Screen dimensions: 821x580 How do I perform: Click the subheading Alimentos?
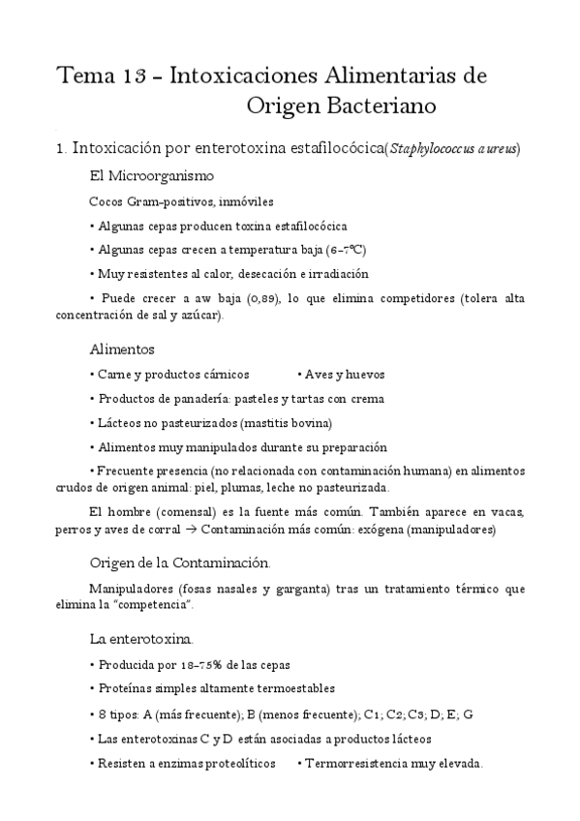[x=122, y=348]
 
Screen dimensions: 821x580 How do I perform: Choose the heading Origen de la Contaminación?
[x=180, y=563]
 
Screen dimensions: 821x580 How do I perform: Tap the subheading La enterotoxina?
[x=141, y=639]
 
